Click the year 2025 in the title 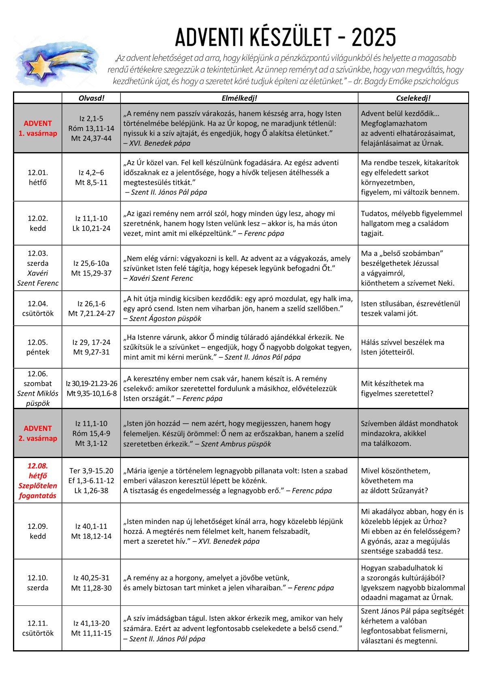pos(373,38)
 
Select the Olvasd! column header pos(91,98)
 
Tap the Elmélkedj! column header pos(239,98)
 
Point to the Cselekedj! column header pos(413,98)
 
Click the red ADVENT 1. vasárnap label pos(38,128)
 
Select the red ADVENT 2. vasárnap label pos(38,433)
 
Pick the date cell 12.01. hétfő pos(38,177)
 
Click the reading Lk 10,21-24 pos(91,228)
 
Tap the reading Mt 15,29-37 pos(91,273)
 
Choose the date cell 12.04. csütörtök pos(38,308)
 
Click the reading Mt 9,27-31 pos(91,352)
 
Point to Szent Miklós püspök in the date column pos(38,398)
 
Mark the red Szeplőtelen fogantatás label pos(38,490)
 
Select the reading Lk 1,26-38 pos(91,490)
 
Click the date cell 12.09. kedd pos(38,531)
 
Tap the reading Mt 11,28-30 pos(91,588)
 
